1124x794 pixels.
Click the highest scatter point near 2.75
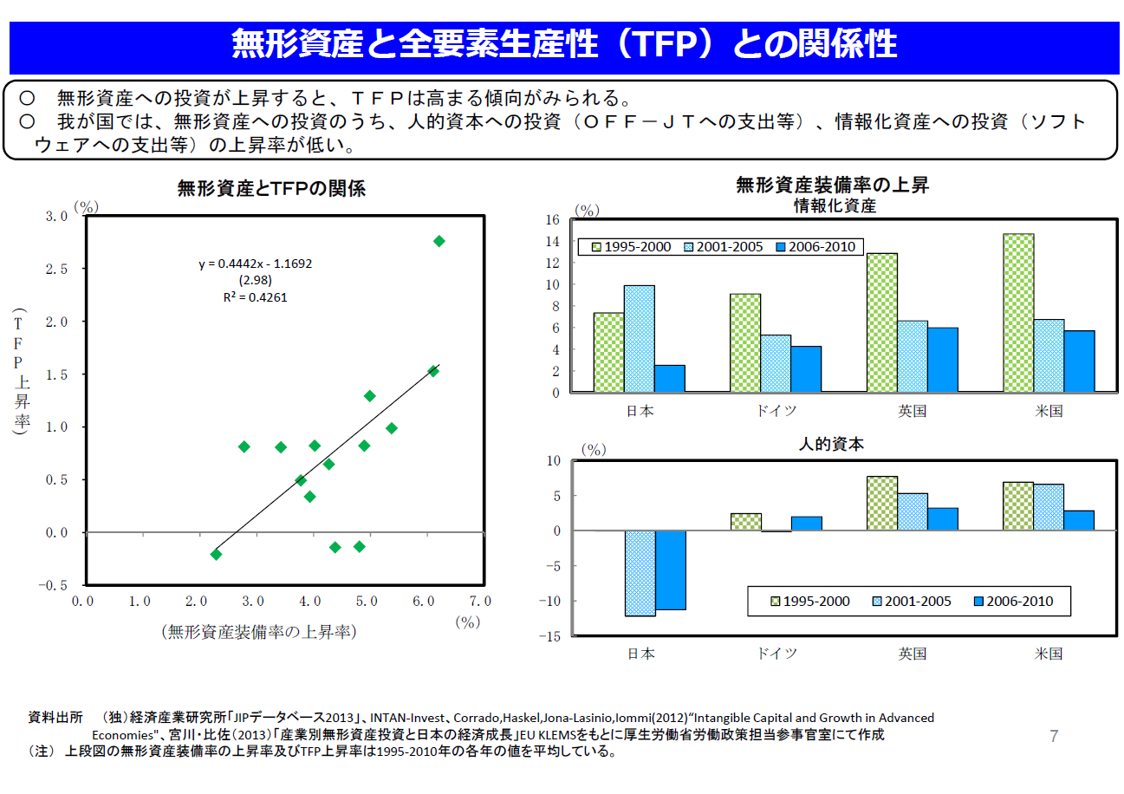439,241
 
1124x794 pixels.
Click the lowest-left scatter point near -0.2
216,554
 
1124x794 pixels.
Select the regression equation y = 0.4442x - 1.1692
255,264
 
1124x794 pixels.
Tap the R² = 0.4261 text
255,297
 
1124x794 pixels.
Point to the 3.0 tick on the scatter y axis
56,216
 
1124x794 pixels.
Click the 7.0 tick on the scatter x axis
479,601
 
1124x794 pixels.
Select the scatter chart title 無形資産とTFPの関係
271,188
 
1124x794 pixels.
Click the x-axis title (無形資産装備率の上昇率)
259,632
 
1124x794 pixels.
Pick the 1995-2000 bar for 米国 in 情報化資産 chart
1018,313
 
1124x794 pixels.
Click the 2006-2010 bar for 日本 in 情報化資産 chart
670,379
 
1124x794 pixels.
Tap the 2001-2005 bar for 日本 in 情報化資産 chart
640,339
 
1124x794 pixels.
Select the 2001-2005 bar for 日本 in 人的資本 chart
640,573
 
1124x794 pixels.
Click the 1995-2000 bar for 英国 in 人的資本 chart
881,504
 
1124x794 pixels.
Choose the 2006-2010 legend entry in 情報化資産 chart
815,247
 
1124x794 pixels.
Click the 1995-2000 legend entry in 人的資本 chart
808,601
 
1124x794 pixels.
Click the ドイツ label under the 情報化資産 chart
776,411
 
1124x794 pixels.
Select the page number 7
1053,737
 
